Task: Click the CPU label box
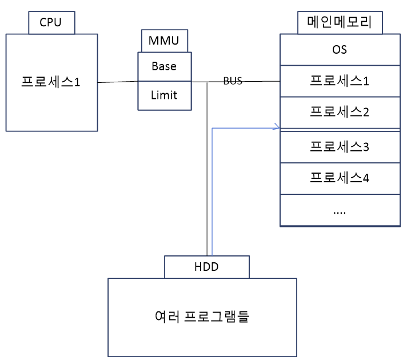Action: click(51, 23)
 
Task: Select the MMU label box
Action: click(163, 41)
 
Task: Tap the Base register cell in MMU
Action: click(163, 66)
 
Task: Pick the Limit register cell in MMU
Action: click(163, 95)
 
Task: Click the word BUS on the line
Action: click(233, 81)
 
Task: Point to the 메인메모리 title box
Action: click(340, 23)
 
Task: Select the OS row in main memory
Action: click(340, 50)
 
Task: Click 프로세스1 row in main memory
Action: click(340, 81)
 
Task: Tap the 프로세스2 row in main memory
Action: click(340, 112)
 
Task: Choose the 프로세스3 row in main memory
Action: click(340, 147)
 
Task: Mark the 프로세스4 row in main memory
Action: click(340, 178)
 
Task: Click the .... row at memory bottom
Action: click(340, 210)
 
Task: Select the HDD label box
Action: click(206, 266)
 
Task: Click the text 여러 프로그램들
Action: click(202, 315)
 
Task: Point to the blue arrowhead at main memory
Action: click(277, 127)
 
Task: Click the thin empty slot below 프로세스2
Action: click(340, 130)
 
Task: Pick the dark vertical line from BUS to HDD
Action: click(206, 171)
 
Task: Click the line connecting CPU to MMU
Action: click(117, 82)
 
